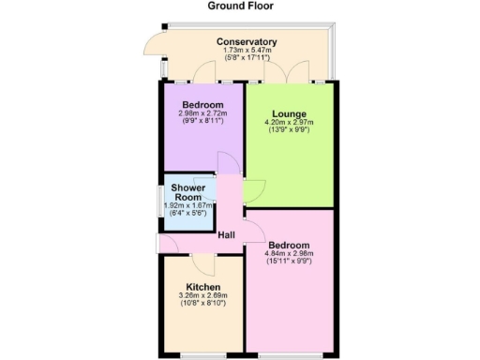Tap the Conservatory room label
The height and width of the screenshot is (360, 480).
[247, 42]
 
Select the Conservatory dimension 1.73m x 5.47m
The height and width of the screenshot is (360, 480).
[247, 52]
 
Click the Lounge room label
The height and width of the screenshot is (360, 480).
[289, 114]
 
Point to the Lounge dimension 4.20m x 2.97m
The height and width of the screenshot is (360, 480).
[289, 123]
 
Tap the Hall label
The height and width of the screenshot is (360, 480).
[226, 234]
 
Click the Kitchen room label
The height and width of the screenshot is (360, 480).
[202, 287]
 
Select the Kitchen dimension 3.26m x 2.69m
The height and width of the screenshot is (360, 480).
[202, 296]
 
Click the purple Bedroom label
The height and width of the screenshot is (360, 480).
[202, 104]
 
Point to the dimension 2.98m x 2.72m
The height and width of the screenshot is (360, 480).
[202, 113]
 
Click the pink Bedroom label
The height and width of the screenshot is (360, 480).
[289, 246]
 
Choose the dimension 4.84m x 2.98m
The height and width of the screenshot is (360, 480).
[289, 254]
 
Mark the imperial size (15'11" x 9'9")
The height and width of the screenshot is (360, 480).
[289, 262]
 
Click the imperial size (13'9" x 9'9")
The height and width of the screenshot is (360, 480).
[289, 130]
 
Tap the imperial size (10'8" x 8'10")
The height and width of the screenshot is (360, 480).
[202, 304]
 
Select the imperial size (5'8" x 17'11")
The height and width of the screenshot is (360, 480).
[247, 59]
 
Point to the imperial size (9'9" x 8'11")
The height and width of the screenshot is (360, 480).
[202, 121]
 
